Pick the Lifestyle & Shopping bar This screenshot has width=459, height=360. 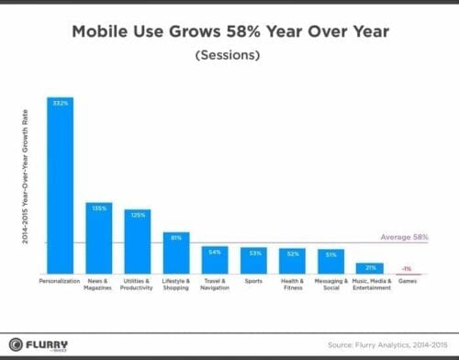[x=176, y=253]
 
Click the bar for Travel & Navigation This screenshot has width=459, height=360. [x=215, y=260]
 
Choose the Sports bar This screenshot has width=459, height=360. [x=253, y=261]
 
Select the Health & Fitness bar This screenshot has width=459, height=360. [x=292, y=261]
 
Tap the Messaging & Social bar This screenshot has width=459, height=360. [x=331, y=261]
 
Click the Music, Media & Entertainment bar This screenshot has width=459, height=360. [x=369, y=268]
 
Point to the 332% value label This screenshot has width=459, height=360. [x=61, y=103]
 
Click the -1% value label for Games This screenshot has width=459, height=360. [x=408, y=268]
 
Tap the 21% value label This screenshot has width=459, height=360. [x=369, y=267]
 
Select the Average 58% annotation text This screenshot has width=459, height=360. [x=404, y=237]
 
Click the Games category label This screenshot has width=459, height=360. [x=408, y=280]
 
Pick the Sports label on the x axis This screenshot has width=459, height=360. [x=253, y=280]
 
